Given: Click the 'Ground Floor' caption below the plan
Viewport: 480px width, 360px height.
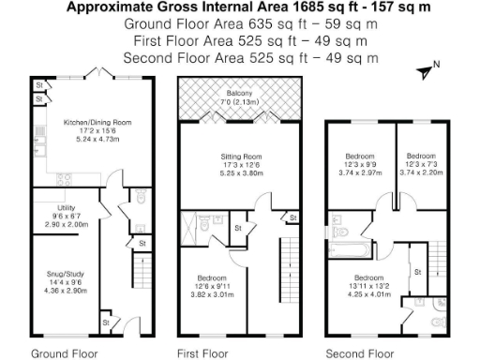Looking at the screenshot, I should click(x=63, y=353).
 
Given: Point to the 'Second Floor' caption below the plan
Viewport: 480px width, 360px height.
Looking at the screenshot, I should click(x=359, y=353).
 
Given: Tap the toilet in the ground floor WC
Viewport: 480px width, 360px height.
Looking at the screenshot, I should click(x=141, y=197).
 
